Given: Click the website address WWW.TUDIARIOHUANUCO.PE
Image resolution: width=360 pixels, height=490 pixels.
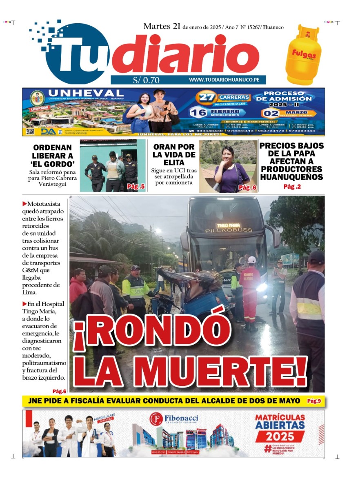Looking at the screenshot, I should (227, 80).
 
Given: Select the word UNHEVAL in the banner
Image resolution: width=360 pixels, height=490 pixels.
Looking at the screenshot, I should (85, 93).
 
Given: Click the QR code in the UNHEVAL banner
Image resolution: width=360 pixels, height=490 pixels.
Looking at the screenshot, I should (30, 131).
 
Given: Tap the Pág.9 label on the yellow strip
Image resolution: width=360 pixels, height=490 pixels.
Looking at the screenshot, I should (314, 401).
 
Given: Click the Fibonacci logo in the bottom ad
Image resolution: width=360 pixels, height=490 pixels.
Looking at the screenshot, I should (174, 419).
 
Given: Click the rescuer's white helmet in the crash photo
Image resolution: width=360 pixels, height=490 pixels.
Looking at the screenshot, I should (252, 260).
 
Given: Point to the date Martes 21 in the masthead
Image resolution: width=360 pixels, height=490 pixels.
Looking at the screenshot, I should (162, 27).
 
